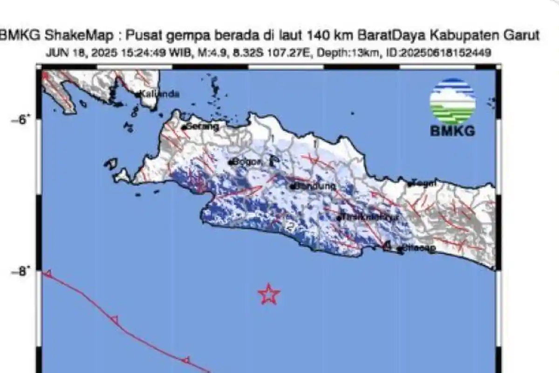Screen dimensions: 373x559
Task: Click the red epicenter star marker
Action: (269, 294)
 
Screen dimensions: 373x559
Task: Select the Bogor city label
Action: (247, 162)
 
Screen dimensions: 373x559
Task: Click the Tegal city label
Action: (424, 183)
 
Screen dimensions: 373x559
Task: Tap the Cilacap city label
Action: (419, 249)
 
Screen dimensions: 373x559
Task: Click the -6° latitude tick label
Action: (21, 119)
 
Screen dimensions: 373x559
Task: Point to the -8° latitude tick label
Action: (21, 271)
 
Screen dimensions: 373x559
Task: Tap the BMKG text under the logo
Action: (452, 131)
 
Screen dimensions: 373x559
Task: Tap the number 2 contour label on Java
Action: (290, 228)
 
